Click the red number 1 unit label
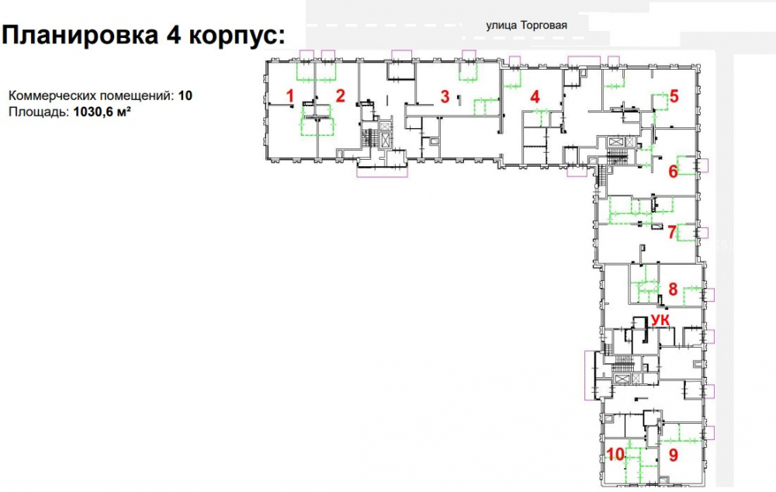point(290,96)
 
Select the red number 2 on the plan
point(340,95)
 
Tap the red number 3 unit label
point(445,96)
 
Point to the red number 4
point(535,96)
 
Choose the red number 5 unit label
point(674,96)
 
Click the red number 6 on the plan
point(673,172)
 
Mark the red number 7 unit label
point(672,232)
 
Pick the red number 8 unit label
point(673,289)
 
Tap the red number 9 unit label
point(673,455)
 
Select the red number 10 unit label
point(615,454)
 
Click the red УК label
point(660,320)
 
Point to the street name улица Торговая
point(527,26)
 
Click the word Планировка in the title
point(80,36)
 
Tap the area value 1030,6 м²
point(102,112)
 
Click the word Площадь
point(39,113)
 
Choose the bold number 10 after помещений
point(185,95)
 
